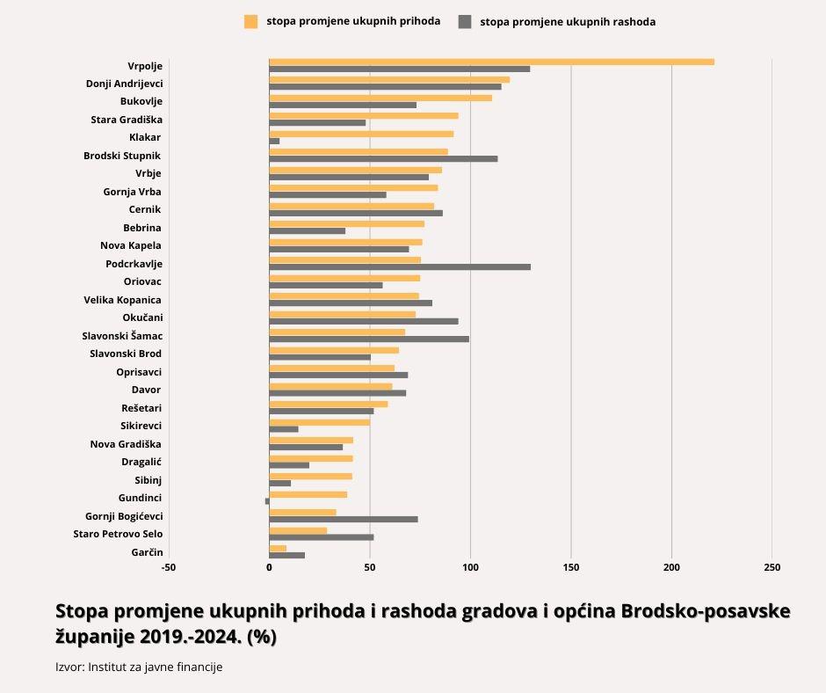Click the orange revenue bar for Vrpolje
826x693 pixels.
coord(491,62)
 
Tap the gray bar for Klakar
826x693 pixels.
coord(274,141)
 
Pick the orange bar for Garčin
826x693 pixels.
coord(278,548)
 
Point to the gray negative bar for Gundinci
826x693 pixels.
coord(267,501)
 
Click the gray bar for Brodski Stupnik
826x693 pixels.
coord(383,158)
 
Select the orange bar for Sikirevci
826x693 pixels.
coord(319,422)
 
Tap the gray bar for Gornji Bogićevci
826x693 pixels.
coord(343,519)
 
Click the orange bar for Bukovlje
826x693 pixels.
coord(380,98)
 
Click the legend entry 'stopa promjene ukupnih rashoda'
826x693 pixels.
coord(568,21)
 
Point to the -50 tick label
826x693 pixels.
coord(169,567)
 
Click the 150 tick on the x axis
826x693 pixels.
coord(571,567)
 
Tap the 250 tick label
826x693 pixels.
coord(772,567)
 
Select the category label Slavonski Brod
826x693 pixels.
coord(126,354)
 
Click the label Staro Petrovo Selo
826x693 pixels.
coord(118,534)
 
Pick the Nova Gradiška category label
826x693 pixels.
coord(126,444)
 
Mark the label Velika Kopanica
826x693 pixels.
coord(122,300)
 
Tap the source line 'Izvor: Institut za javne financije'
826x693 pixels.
coord(139,667)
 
